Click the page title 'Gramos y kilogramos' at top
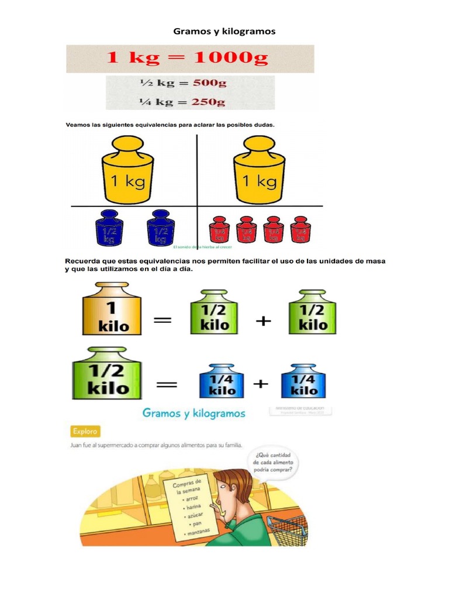coord(224,31)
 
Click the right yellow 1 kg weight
coord(260,170)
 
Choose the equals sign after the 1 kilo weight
coord(163,319)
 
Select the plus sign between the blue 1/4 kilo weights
coord(260,384)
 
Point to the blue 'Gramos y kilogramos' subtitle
coord(194,414)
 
